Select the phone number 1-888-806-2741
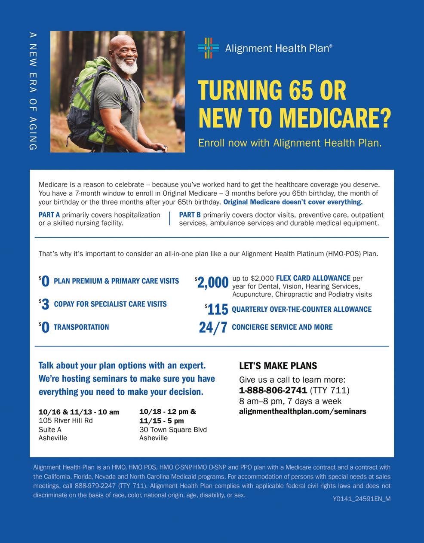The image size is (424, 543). pos(273,390)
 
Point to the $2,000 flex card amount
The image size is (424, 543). pos(212,282)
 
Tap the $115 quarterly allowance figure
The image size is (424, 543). pos(217,309)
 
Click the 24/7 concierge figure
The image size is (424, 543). pos(213,327)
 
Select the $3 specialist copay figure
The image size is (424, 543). pos(44,304)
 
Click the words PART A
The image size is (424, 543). pos(49,215)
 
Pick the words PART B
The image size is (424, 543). pos(190,215)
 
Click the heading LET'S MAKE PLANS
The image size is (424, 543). pos(278,366)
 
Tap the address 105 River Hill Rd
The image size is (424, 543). pos(65,420)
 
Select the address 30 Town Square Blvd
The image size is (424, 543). pos(173,429)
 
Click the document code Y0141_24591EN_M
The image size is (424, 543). pos(361,499)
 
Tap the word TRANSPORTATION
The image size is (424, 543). pos(81,327)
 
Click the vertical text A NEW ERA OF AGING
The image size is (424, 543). pos(33,91)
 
